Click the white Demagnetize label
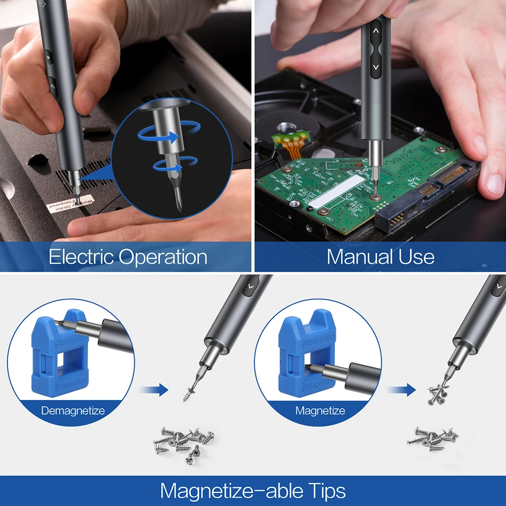(73, 410)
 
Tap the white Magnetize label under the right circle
(320, 410)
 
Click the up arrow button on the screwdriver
(375, 30)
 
